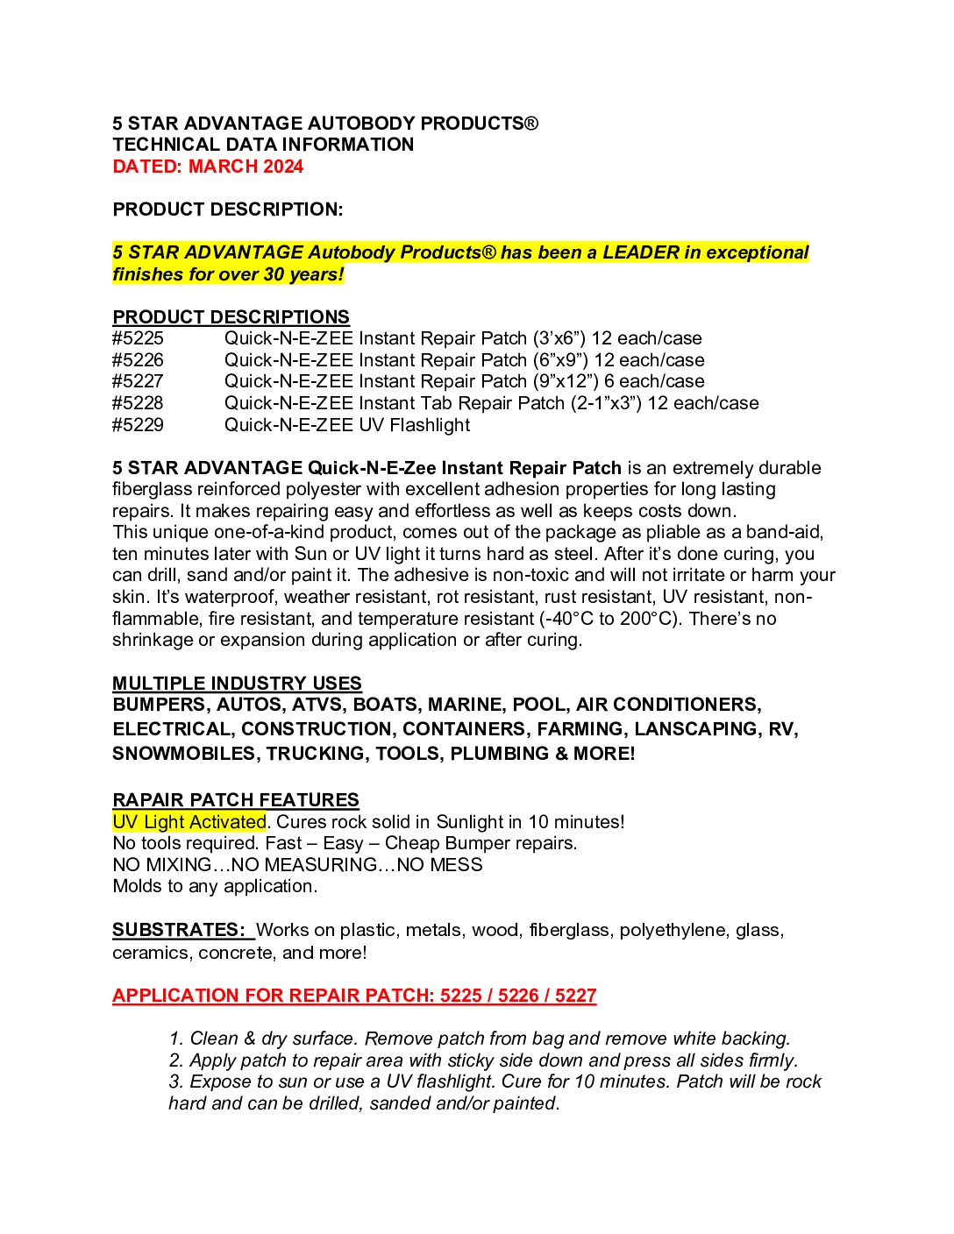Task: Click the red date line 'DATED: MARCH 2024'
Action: [x=208, y=167]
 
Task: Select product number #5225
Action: [x=138, y=338]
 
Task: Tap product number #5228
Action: [x=138, y=403]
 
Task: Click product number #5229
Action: [x=138, y=425]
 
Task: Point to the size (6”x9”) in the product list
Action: [x=560, y=360]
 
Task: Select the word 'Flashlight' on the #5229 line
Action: [x=430, y=425]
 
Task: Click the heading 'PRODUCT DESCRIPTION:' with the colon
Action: [x=228, y=209]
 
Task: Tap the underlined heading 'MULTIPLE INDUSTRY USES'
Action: [x=237, y=684]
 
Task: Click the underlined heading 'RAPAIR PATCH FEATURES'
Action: [x=236, y=800]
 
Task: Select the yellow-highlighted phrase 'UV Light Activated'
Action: [x=189, y=822]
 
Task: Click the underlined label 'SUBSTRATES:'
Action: [x=179, y=930]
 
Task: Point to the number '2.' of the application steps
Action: [x=176, y=1060]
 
